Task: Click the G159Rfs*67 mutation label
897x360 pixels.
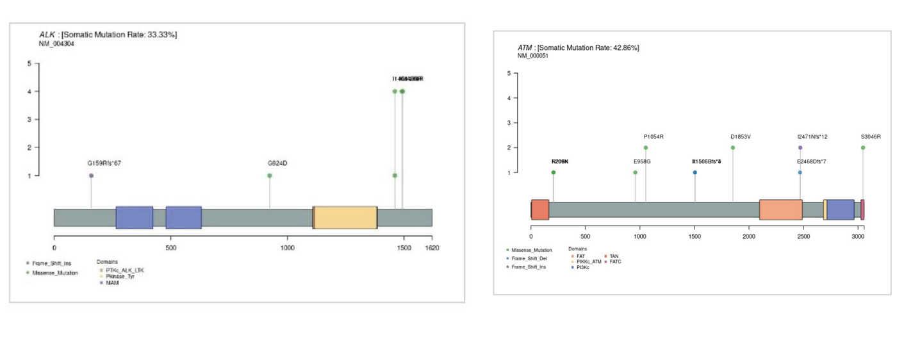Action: point(104,163)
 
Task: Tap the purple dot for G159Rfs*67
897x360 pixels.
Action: point(91,176)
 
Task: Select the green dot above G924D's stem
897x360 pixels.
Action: point(270,176)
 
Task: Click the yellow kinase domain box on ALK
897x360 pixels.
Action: point(345,217)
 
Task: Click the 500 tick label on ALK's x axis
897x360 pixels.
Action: point(171,247)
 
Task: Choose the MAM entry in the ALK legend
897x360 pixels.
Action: point(112,282)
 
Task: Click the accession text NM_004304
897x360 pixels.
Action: point(57,43)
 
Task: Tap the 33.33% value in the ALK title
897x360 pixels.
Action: point(161,35)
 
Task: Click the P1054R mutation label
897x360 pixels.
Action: point(654,136)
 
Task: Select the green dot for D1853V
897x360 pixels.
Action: point(733,148)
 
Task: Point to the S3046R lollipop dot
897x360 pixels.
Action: point(863,148)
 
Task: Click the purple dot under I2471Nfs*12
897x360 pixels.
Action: point(800,148)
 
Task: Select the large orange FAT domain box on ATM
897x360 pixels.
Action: point(780,209)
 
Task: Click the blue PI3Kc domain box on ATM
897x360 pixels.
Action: point(840,209)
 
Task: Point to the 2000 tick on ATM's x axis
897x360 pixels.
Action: point(749,236)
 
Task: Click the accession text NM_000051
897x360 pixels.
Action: point(533,56)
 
